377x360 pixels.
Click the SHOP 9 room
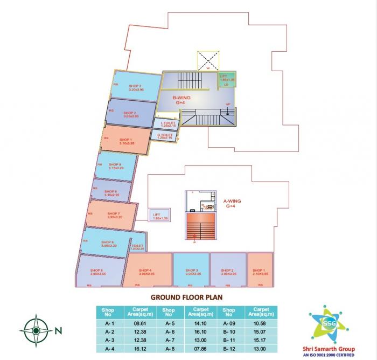[114, 167]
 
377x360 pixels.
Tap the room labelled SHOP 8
[111, 192]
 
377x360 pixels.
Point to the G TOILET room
[165, 136]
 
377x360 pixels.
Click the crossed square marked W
[207, 60]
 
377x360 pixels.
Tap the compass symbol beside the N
[35, 328]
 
